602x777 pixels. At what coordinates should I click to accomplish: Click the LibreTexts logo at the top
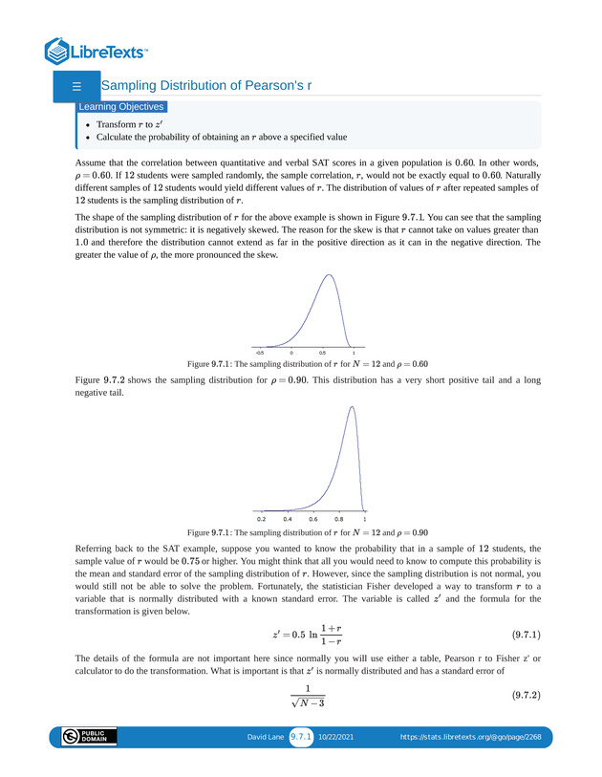click(x=97, y=51)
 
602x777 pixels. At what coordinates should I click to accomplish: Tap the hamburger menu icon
click(x=75, y=86)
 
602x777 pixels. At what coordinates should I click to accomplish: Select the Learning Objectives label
click(x=121, y=107)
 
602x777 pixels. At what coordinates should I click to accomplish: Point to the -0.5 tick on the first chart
click(x=260, y=352)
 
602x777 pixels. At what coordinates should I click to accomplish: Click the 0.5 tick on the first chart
click(x=322, y=352)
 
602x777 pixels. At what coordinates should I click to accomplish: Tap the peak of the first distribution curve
click(x=330, y=275)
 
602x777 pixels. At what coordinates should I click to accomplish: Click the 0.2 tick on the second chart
click(x=262, y=517)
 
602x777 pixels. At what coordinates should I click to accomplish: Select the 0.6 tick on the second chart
click(x=313, y=517)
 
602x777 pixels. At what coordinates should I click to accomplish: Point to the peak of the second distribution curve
click(x=352, y=407)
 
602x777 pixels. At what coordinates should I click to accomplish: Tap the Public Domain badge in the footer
click(x=89, y=737)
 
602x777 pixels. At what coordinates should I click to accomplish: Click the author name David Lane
click(x=266, y=737)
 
